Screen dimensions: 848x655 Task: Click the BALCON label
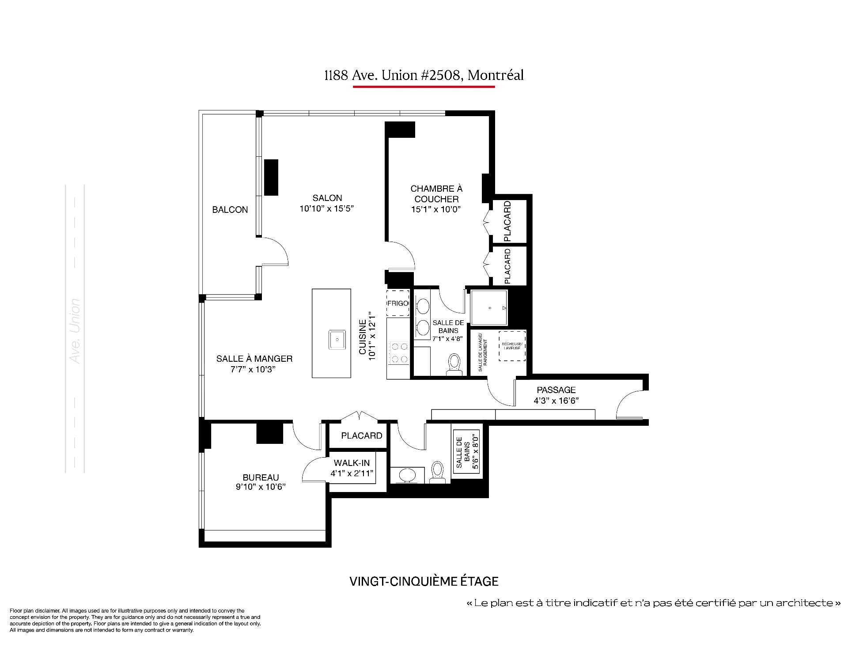coord(230,210)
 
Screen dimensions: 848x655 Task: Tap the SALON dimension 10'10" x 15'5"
coord(327,208)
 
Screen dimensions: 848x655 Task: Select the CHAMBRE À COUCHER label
coord(436,194)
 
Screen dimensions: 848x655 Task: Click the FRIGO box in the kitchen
coord(398,303)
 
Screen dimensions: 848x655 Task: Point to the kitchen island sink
coord(337,340)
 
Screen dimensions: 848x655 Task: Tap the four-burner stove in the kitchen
coord(399,353)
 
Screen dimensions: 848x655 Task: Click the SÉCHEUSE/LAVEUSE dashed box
coord(512,346)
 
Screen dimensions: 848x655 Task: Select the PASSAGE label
coord(556,390)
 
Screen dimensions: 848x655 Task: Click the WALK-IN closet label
coord(352,463)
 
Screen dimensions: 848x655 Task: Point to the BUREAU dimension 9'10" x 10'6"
coord(261,487)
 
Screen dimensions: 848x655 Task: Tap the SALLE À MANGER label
coord(254,359)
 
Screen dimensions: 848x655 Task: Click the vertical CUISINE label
coord(363,337)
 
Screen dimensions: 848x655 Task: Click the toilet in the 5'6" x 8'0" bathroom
coord(437,472)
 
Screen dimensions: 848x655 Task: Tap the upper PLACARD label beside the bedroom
coord(507,221)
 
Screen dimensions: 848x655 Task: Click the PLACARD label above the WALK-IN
coord(362,436)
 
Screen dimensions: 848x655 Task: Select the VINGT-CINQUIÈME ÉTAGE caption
coord(424,581)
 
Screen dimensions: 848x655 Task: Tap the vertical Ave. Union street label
coord(75,331)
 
